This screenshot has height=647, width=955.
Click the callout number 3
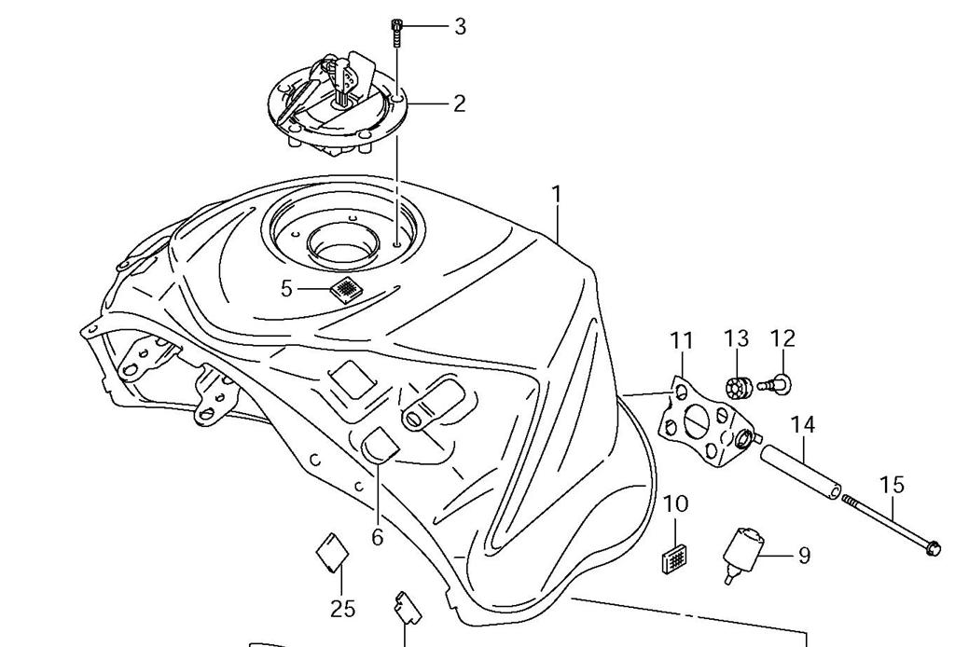click(x=460, y=26)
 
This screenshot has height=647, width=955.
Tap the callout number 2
click(x=459, y=103)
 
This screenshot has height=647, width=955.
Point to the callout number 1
click(x=557, y=195)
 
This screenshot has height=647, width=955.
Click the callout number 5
click(x=286, y=289)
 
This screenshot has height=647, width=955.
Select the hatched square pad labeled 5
click(x=346, y=289)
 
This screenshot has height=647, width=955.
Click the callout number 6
click(x=378, y=537)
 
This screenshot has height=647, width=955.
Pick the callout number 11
click(x=682, y=340)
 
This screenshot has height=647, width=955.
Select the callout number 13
click(x=736, y=338)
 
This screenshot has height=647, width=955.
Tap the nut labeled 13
click(x=738, y=385)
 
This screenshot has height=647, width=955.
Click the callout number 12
click(x=782, y=338)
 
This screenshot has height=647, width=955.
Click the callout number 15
click(x=892, y=485)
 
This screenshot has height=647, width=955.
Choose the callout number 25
click(x=342, y=609)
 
